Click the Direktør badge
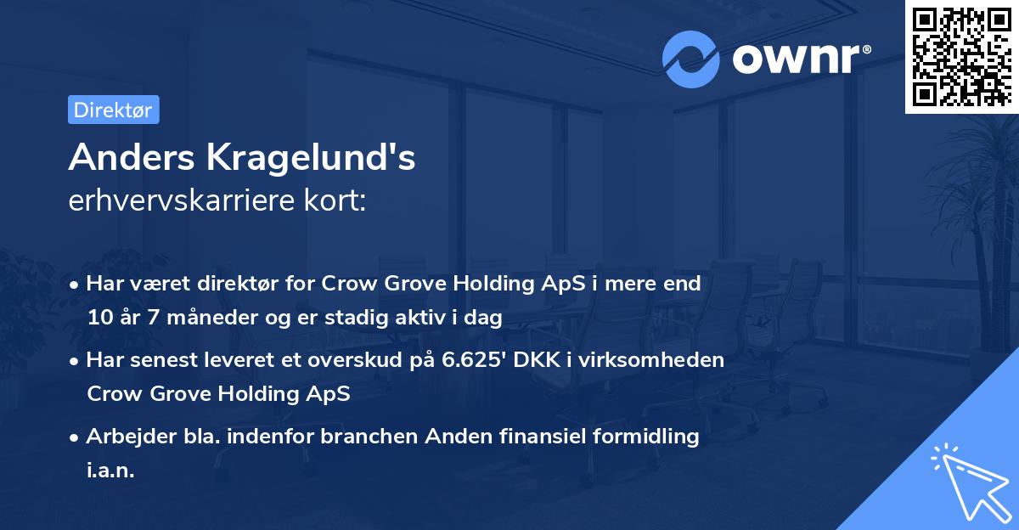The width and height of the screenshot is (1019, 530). [113, 110]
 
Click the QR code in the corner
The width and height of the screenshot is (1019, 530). [960, 56]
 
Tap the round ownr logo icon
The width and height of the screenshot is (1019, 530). [691, 59]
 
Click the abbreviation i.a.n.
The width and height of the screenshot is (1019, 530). [110, 471]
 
